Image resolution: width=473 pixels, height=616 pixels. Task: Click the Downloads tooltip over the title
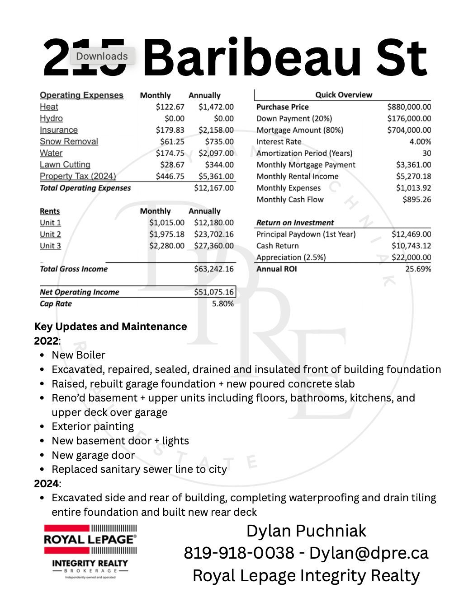(x=102, y=56)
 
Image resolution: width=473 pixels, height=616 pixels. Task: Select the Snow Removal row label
(x=69, y=141)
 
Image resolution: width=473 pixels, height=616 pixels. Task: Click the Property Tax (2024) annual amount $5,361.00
(x=216, y=176)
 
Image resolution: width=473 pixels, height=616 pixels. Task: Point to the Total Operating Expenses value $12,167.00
(x=214, y=188)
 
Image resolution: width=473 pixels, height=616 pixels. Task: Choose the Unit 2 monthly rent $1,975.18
(x=167, y=234)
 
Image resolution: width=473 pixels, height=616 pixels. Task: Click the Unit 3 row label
(x=50, y=246)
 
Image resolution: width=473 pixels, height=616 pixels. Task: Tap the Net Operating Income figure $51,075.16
(x=214, y=292)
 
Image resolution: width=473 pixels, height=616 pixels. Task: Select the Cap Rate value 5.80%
(x=223, y=304)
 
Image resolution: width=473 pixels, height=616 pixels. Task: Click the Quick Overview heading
(x=344, y=95)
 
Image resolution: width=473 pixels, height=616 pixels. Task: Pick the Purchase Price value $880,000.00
(x=409, y=107)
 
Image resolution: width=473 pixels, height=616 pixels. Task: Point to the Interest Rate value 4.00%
(x=420, y=141)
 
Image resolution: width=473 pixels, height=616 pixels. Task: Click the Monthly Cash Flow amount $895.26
(x=416, y=200)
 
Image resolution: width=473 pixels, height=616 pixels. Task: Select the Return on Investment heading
(x=295, y=223)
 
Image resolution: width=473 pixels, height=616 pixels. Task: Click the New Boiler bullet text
(x=78, y=355)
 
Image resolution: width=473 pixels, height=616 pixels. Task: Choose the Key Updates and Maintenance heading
(x=110, y=327)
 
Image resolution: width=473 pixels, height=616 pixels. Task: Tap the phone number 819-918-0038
(x=239, y=553)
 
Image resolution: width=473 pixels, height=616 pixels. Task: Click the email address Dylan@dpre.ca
(x=369, y=553)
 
